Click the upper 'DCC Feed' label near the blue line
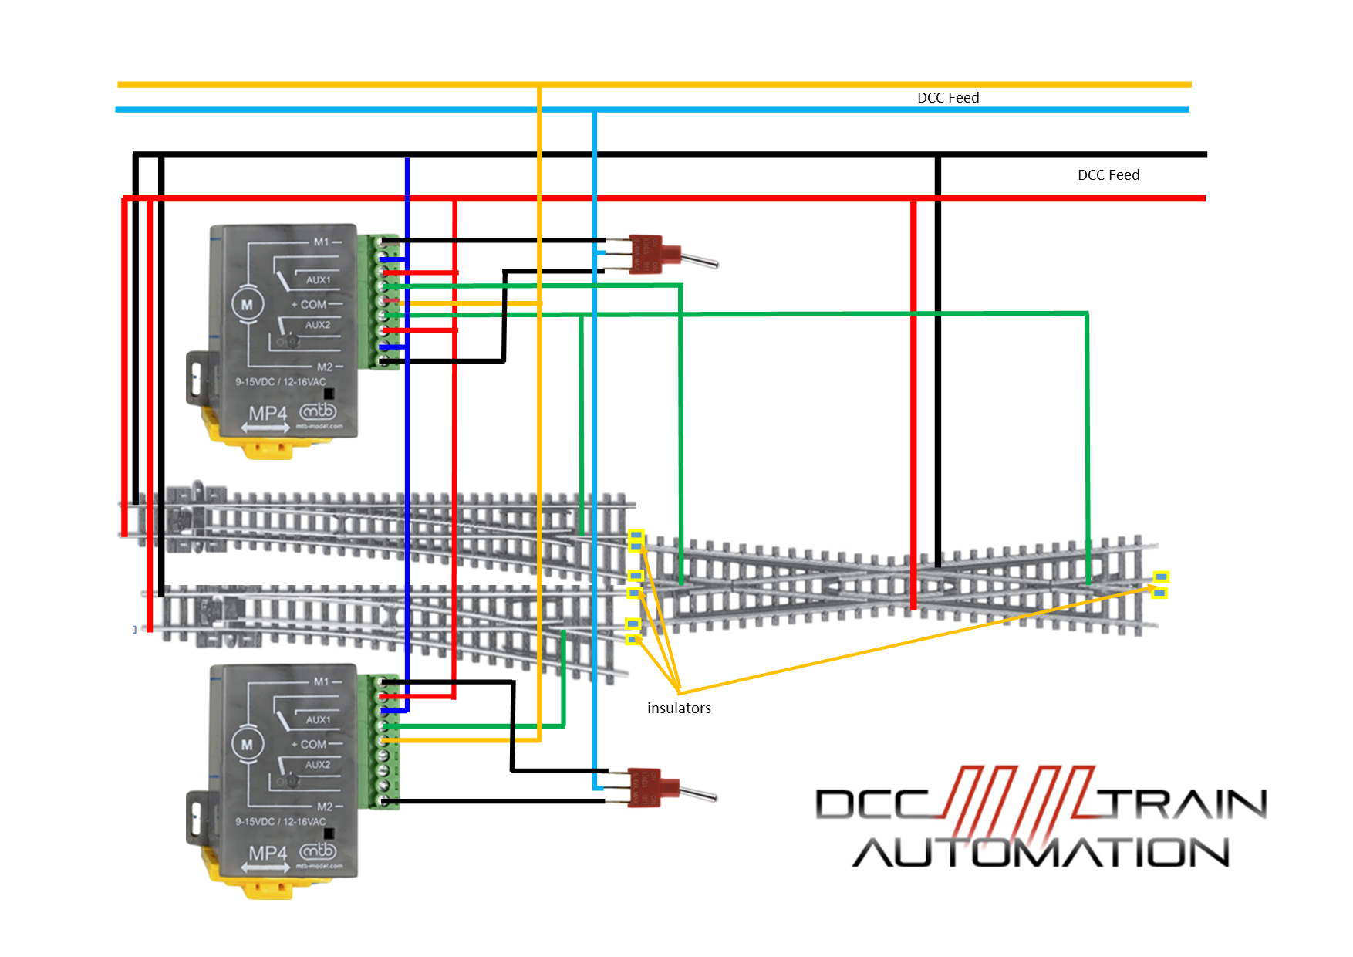coord(947,98)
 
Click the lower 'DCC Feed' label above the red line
coord(1108,175)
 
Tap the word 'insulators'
coord(679,708)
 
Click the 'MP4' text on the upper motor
coord(267,414)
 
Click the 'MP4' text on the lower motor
coord(267,853)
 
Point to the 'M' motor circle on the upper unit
coord(247,305)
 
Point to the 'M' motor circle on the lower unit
coord(247,745)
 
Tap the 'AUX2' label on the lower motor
coord(317,765)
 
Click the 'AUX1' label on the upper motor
coord(318,280)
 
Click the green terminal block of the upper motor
coord(388,302)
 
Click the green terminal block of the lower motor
coord(388,742)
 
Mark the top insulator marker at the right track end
coord(1161,577)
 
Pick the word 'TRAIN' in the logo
coord(1184,804)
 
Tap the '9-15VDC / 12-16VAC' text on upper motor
coord(280,382)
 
